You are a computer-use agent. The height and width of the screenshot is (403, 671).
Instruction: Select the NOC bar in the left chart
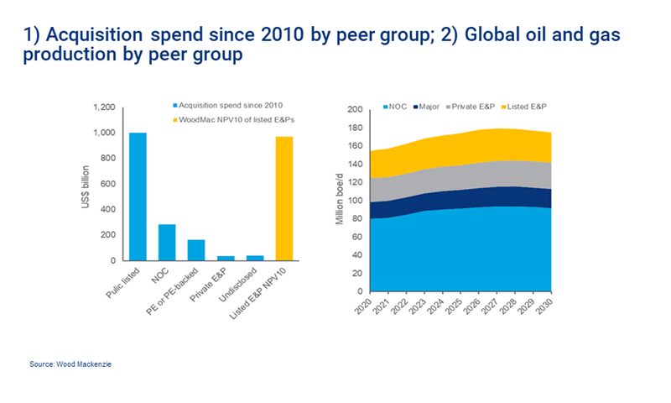coord(167,243)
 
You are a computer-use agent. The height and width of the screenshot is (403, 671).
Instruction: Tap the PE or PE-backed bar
coord(195,250)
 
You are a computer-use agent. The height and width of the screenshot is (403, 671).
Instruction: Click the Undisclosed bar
coord(254,258)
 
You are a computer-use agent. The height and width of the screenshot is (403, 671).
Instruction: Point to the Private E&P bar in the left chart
coord(225,258)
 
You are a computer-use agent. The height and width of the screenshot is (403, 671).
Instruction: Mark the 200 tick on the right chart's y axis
coord(353,109)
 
